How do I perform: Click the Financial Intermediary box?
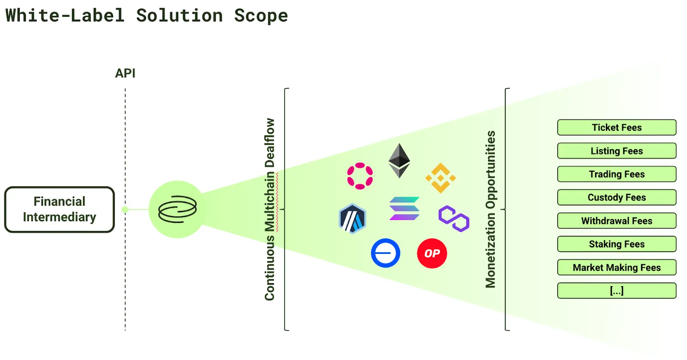(60, 210)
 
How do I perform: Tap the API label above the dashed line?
(125, 73)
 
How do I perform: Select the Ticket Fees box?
(617, 128)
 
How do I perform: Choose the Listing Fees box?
(617, 151)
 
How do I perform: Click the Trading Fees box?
(617, 174)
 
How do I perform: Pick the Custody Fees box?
(617, 198)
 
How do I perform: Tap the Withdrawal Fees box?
(617, 221)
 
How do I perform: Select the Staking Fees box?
(617, 244)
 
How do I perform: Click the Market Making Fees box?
(617, 268)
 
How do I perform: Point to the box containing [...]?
(617, 291)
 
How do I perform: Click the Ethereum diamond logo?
(399, 161)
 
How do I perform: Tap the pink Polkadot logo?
(360, 176)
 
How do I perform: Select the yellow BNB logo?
(441, 178)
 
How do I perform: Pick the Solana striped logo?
(404, 208)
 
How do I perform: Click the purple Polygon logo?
(454, 218)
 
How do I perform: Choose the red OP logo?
(432, 253)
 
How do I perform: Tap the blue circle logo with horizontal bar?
(386, 253)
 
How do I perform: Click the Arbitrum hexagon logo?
(352, 219)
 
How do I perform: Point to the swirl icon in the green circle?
(177, 209)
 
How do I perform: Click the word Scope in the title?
(261, 16)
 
